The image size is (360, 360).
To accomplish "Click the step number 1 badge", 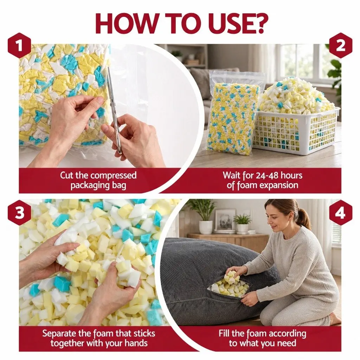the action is pyautogui.click(x=19, y=45).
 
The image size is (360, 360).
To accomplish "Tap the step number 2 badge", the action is pyautogui.click(x=340, y=45).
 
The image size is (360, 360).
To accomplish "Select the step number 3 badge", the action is pyautogui.click(x=19, y=212).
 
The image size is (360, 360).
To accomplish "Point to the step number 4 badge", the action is pyautogui.click(x=340, y=212).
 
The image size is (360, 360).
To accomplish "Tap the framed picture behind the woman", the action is pyautogui.click(x=225, y=221).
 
